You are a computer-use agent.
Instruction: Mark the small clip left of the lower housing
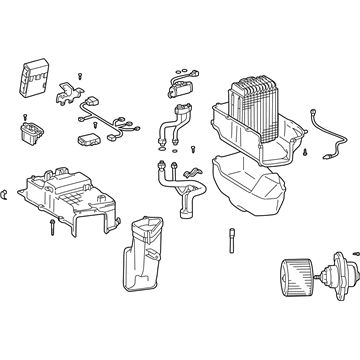pyautogui.click(x=11, y=189)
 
